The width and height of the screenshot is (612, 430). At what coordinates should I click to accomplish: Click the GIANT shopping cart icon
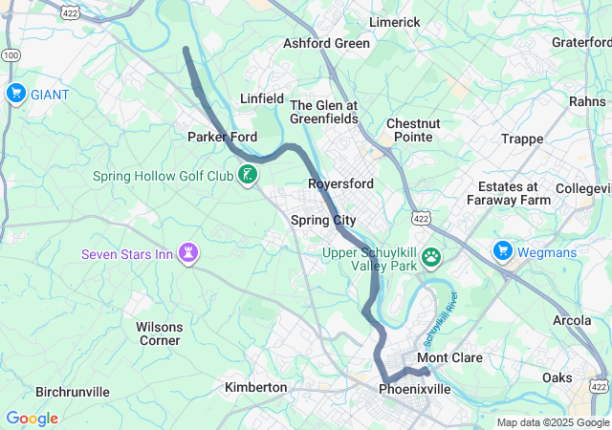(x=15, y=93)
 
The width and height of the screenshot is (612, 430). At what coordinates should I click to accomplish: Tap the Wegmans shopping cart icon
(x=502, y=251)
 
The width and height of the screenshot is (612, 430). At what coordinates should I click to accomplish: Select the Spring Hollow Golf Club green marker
(x=248, y=174)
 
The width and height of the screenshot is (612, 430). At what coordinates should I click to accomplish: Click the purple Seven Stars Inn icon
(x=189, y=252)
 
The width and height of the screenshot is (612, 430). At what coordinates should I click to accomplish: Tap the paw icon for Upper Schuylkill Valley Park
(x=432, y=256)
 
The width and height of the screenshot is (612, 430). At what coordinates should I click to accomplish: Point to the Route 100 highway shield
(x=10, y=56)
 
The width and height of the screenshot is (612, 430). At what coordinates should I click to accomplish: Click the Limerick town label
(x=395, y=22)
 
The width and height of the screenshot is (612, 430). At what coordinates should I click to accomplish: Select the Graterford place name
(x=581, y=42)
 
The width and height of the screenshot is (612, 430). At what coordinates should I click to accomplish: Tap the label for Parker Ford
(x=222, y=137)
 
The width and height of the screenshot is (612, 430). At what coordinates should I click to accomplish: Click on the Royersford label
(x=340, y=183)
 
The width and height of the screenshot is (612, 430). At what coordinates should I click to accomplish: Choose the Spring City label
(x=323, y=221)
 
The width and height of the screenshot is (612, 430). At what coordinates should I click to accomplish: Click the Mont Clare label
(x=449, y=357)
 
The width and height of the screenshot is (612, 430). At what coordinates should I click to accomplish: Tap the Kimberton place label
(x=255, y=387)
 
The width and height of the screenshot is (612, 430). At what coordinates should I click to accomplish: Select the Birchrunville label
(x=73, y=392)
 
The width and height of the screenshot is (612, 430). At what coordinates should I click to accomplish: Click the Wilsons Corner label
(x=159, y=333)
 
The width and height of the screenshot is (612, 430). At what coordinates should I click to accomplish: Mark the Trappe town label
(x=522, y=140)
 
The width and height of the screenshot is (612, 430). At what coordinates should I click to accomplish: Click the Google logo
(x=32, y=419)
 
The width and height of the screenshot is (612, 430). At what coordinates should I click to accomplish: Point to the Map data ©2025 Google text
(x=553, y=422)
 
